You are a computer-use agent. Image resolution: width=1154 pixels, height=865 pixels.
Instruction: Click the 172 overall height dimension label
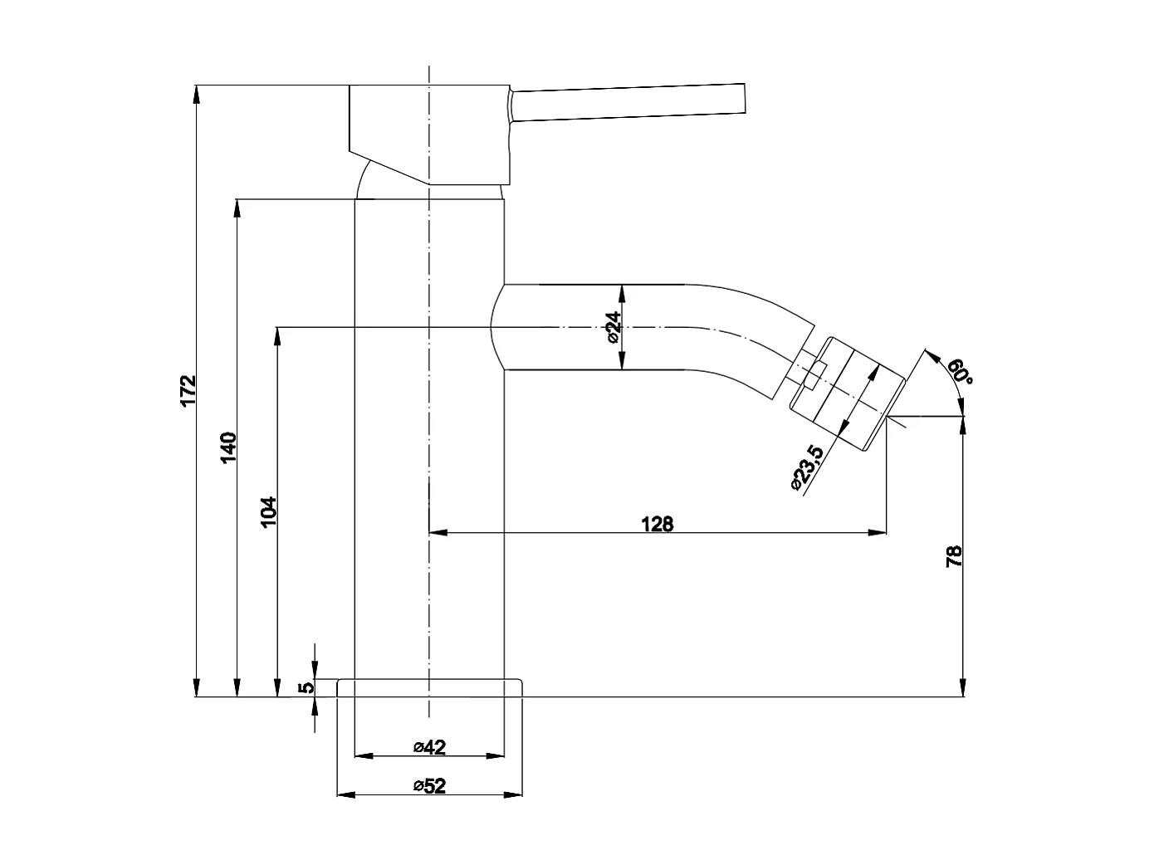(188, 391)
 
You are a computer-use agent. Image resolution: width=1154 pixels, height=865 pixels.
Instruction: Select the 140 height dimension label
(229, 447)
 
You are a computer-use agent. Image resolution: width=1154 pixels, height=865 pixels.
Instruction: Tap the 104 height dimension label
(268, 512)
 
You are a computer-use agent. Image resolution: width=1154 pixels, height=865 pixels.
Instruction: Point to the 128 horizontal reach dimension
(657, 523)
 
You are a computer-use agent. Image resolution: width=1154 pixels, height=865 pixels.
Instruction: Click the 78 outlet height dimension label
(955, 555)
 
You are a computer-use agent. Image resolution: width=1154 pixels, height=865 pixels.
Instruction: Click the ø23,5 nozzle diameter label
(806, 468)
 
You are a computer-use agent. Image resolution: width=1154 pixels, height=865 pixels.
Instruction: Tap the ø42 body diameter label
(429, 747)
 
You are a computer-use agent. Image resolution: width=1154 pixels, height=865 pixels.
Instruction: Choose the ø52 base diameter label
(429, 786)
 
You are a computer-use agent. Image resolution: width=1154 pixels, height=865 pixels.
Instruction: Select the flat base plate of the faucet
(430, 688)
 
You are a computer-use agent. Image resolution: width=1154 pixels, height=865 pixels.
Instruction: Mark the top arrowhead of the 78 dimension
(963, 424)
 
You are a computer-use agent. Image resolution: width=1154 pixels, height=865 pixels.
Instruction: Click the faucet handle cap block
(428, 133)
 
